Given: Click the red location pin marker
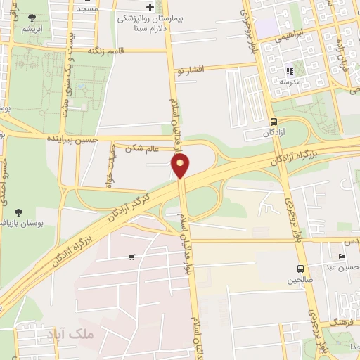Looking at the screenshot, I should coord(181,165).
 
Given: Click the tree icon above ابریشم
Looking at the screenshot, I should coord(31,17).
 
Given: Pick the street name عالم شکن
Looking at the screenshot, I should coord(143,148).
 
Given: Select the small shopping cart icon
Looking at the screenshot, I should coord(131,257).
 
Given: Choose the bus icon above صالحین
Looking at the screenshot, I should coord(301,269).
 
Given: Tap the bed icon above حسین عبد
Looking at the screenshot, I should coord(342,256).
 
